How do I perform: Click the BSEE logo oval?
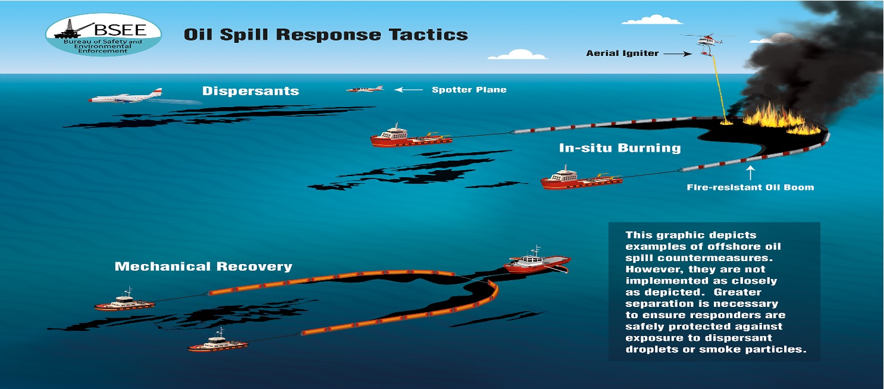(x=103, y=35)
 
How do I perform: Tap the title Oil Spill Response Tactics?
(x=325, y=34)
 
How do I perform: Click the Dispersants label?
(x=250, y=91)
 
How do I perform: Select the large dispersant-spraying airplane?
(x=126, y=97)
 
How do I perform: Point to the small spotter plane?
(x=365, y=89)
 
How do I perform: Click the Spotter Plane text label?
(x=469, y=90)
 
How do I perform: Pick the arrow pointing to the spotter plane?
(x=408, y=90)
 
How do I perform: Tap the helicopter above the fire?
(x=706, y=42)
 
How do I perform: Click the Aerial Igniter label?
(x=622, y=54)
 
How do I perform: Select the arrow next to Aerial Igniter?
(x=677, y=54)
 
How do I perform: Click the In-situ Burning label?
(x=620, y=147)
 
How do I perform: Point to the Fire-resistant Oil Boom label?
(x=750, y=187)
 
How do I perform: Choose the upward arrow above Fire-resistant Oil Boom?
(x=751, y=172)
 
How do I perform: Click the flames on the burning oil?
(x=773, y=117)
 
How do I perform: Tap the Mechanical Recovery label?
(x=203, y=266)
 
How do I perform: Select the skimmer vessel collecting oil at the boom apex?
(x=537, y=262)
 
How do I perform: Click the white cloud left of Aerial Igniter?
(x=517, y=55)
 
